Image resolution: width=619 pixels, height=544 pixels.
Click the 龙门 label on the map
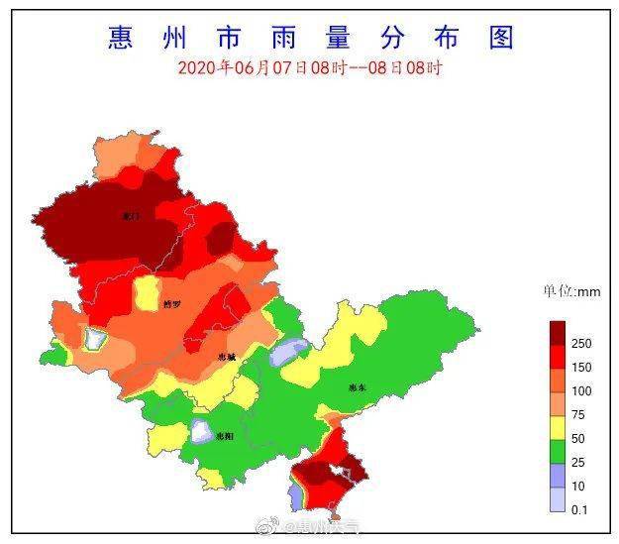point(130,215)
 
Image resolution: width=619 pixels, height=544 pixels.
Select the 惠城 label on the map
point(227,358)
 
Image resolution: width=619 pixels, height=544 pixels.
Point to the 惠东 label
point(358,388)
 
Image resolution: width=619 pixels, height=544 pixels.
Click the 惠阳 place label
point(226,435)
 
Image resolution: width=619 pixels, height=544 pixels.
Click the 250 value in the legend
point(581,343)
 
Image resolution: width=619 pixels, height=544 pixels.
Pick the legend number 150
point(581,368)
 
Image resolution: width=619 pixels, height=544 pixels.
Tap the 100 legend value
point(581,391)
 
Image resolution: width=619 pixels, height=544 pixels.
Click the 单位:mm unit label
point(570,291)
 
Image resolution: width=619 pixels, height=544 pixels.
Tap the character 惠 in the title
point(121,37)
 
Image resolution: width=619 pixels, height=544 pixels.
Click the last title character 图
point(501,37)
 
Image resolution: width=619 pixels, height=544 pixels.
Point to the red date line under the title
point(310,67)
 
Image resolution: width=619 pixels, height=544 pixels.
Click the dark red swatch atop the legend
point(559,331)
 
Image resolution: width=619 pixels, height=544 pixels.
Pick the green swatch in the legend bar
point(559,452)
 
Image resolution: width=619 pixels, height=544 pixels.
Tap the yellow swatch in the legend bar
point(559,428)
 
